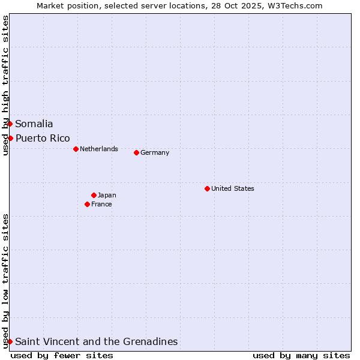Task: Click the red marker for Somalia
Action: tap(10, 124)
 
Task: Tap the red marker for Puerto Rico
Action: tap(10, 138)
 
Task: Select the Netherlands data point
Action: tap(76, 149)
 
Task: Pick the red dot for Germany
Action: tap(136, 152)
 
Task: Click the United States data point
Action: tap(207, 188)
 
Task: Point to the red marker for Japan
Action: tap(94, 195)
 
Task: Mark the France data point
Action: tap(88, 204)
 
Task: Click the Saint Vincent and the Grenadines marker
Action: tap(10, 341)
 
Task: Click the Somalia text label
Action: tap(34, 124)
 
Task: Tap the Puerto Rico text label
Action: tap(43, 139)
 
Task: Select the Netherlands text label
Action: tap(99, 149)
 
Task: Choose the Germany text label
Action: tap(155, 152)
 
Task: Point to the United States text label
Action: tap(233, 188)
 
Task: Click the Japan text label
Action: tap(107, 195)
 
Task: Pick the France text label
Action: tap(101, 204)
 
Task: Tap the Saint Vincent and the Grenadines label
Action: tap(97, 342)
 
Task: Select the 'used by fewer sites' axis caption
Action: tap(62, 355)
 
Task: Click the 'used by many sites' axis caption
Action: tap(301, 355)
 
